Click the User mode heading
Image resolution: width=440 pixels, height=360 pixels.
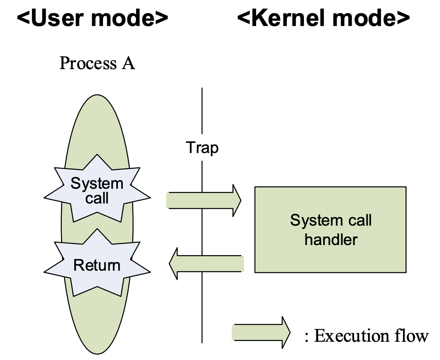[92, 18]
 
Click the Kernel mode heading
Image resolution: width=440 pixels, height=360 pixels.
[323, 18]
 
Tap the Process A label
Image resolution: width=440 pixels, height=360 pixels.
[97, 63]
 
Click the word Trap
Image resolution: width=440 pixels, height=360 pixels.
[202, 148]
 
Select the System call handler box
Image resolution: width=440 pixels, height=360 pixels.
[330, 229]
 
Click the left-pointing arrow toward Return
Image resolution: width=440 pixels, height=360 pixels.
[206, 264]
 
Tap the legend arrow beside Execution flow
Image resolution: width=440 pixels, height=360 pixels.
[261, 332]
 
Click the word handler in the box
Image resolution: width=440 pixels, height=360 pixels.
[331, 239]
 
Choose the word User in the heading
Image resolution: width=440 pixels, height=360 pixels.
[56, 18]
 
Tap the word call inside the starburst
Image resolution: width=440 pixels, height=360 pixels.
[97, 198]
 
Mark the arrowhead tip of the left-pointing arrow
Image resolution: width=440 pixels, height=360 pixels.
[170, 264]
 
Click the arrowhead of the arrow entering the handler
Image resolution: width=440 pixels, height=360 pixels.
[237, 200]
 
